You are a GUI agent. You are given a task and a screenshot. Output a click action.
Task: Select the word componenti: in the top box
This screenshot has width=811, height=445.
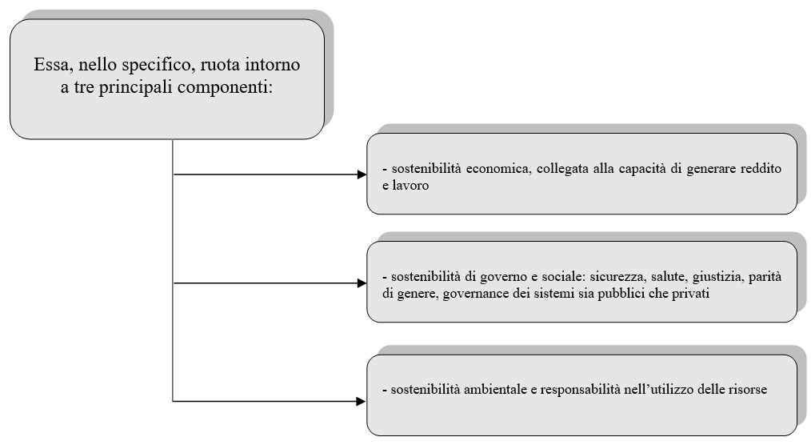click(226, 87)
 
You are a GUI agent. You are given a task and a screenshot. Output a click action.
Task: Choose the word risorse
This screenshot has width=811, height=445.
click(748, 390)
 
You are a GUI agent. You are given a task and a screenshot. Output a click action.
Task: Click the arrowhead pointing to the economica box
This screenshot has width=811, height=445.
click(362, 174)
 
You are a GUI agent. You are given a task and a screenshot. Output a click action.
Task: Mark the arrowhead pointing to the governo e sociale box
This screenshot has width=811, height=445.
click(362, 283)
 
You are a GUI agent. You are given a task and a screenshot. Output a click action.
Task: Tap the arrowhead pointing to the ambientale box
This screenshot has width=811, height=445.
click(361, 401)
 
